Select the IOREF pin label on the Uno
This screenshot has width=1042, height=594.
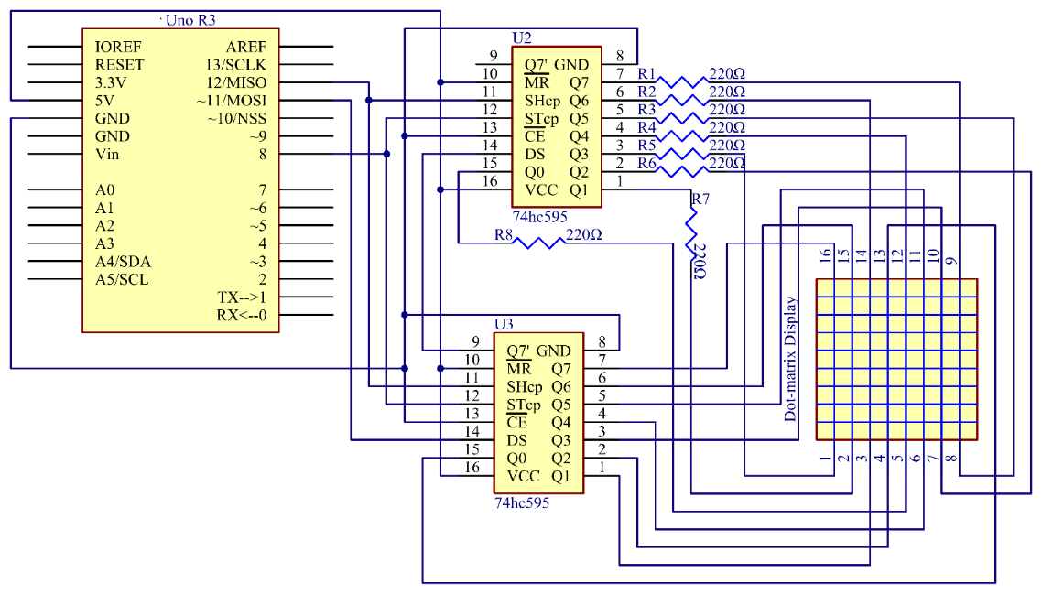[117, 47]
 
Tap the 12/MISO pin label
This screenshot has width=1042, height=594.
[236, 82]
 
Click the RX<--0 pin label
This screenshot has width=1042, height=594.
[242, 316]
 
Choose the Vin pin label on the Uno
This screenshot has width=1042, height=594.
[107, 154]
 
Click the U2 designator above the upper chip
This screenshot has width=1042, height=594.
[521, 38]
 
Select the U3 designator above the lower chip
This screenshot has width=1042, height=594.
[504, 324]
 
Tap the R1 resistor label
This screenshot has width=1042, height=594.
[646, 73]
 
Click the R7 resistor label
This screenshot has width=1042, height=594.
[700, 199]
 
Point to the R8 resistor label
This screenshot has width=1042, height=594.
[503, 235]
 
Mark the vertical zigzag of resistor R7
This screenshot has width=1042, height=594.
[692, 230]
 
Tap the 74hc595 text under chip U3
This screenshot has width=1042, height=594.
[522, 502]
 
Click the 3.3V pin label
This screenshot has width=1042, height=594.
[112, 82]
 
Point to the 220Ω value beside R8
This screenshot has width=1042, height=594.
[584, 235]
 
